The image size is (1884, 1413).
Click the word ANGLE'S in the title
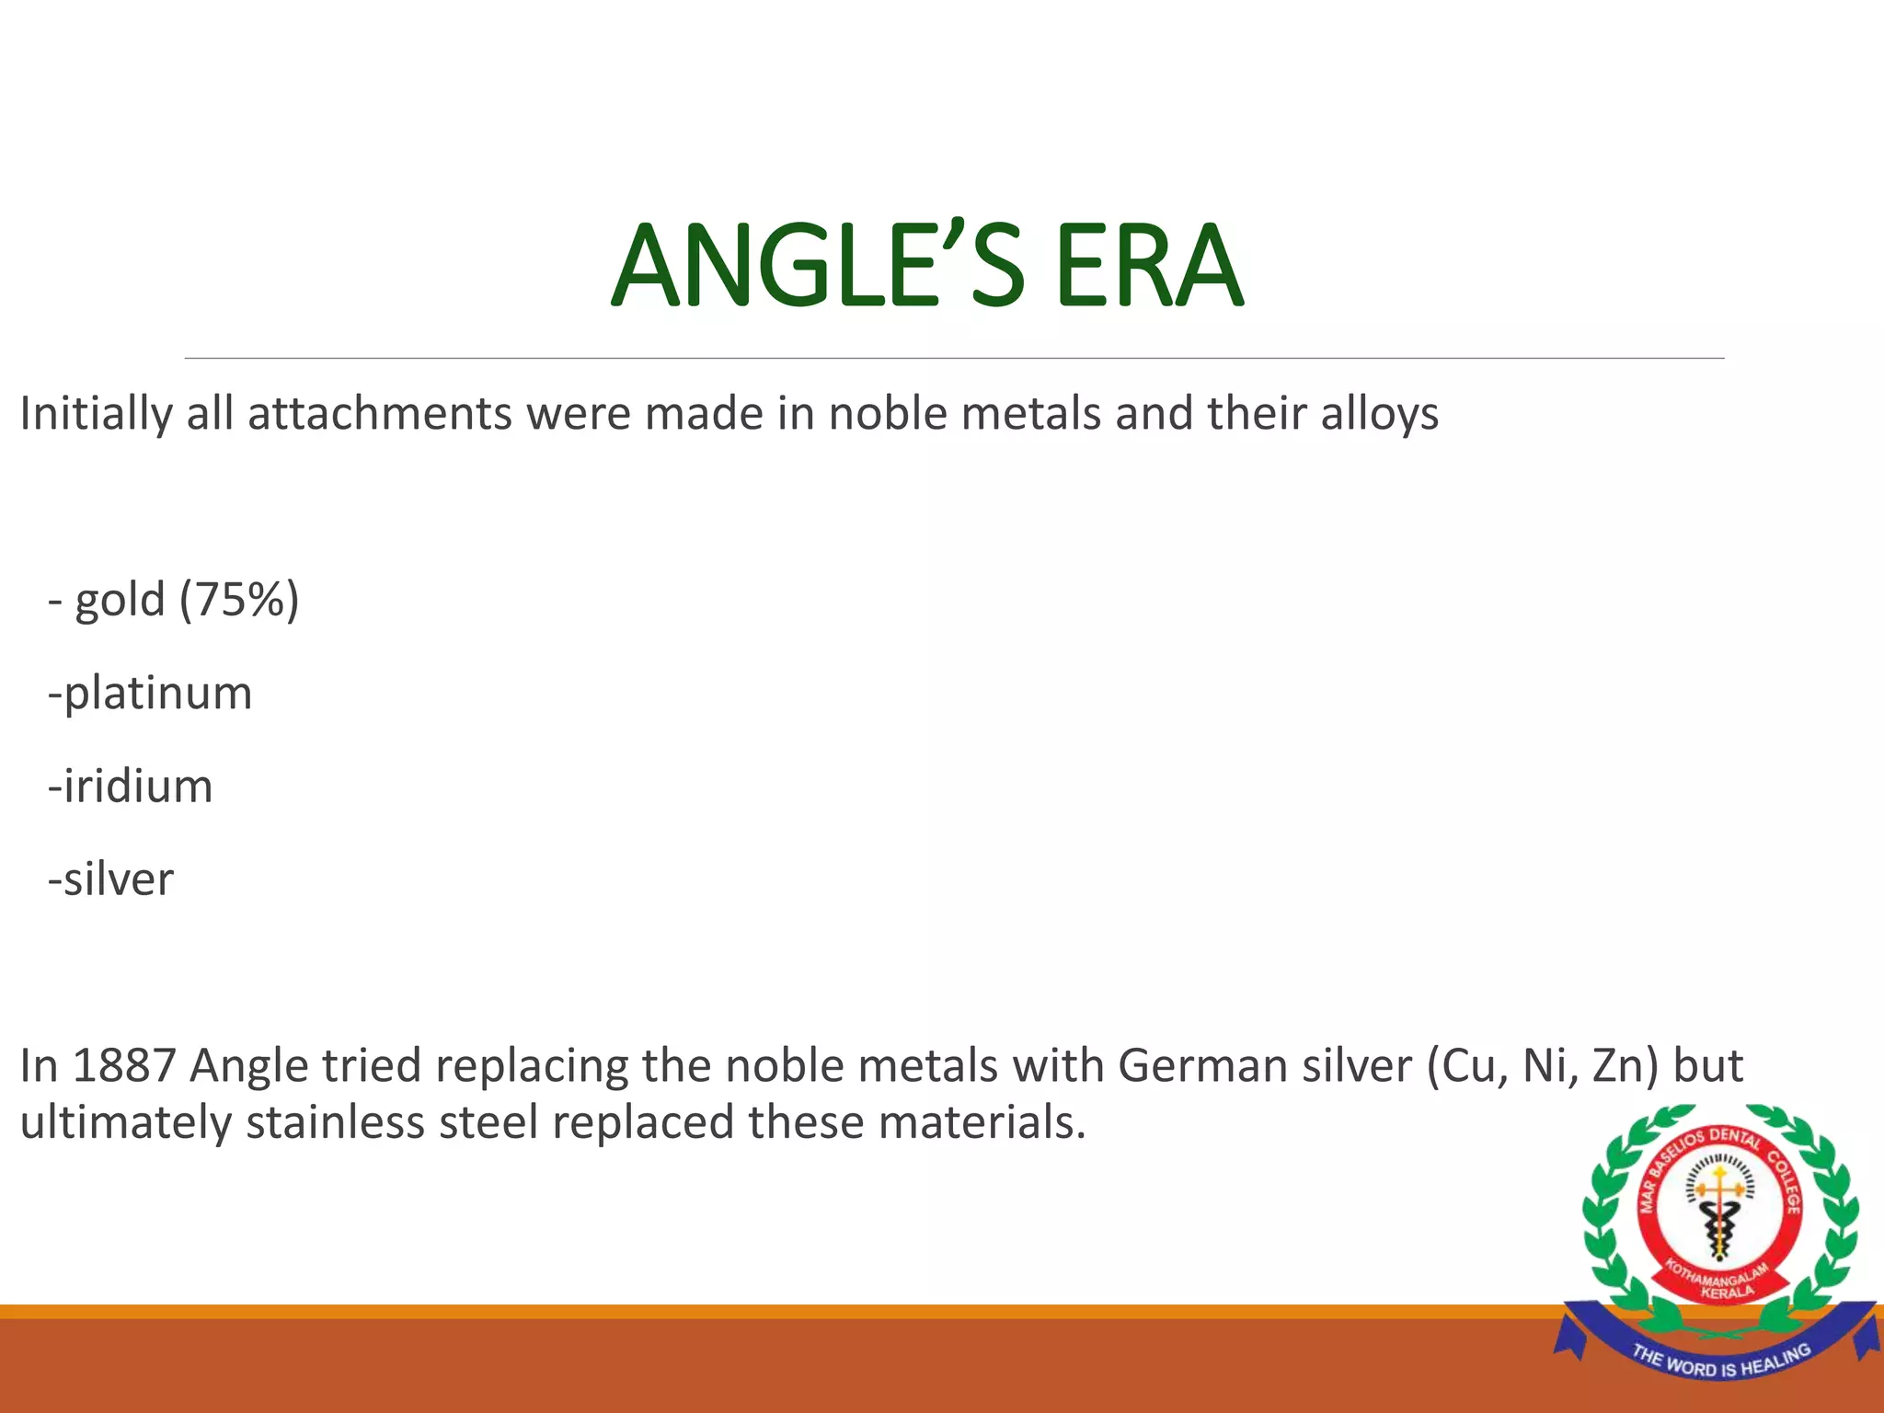click(817, 267)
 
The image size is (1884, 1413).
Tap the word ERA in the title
click(1149, 267)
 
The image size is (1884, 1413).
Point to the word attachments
click(379, 414)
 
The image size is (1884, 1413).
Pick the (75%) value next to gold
click(239, 600)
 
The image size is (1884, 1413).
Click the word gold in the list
click(120, 602)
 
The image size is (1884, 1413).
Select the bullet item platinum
click(156, 694)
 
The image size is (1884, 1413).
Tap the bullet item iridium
click(136, 787)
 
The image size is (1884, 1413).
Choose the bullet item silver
click(117, 879)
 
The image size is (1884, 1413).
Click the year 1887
click(124, 1066)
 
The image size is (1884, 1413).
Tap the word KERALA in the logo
click(1727, 1292)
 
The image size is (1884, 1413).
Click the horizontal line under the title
click(954, 358)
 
